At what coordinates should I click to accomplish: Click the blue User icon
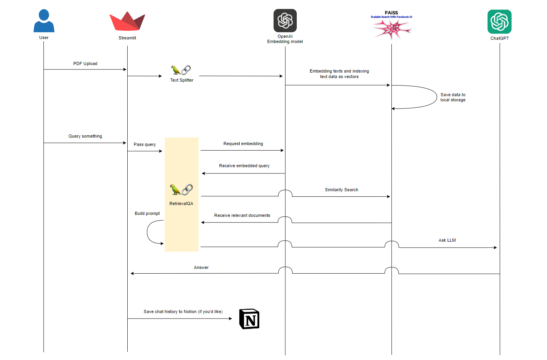(x=44, y=21)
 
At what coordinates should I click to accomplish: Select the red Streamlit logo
(x=127, y=22)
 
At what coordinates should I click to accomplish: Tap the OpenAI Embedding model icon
(x=285, y=21)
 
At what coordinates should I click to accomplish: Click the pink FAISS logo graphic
(x=392, y=29)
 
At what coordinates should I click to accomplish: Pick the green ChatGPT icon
(x=499, y=22)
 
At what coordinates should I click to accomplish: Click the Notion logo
(x=249, y=319)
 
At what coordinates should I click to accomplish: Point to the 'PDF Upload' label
(x=85, y=63)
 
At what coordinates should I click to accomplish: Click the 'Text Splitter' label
(x=182, y=80)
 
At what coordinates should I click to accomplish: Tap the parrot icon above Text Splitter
(x=176, y=70)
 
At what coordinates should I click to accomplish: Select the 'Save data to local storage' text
(x=453, y=97)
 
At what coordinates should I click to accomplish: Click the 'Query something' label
(x=85, y=136)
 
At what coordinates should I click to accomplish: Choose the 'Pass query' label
(x=145, y=144)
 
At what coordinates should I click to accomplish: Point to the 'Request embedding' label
(x=243, y=144)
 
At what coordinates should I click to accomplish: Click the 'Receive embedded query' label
(x=244, y=166)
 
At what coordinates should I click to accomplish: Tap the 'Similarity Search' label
(x=341, y=190)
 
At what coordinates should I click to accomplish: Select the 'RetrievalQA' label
(x=181, y=203)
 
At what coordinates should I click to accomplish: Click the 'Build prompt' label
(x=147, y=213)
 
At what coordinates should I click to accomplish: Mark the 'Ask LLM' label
(x=447, y=240)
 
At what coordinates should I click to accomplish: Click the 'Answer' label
(x=201, y=267)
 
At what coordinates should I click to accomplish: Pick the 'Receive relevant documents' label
(x=242, y=215)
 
